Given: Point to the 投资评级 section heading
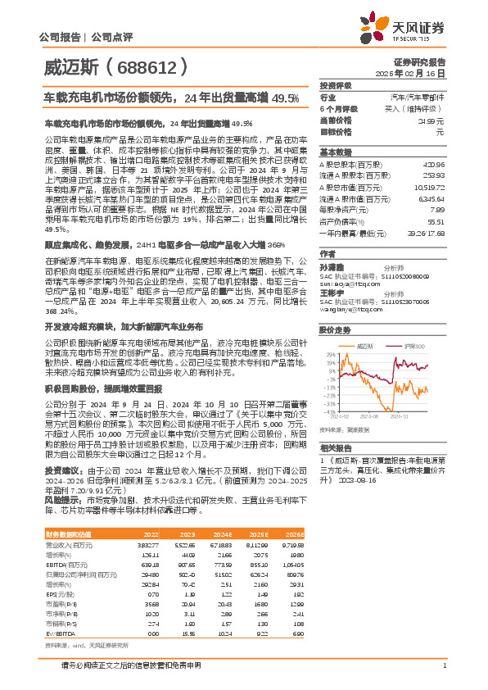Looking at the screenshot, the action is tap(336, 85).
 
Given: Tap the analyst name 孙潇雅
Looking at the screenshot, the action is tap(332, 266).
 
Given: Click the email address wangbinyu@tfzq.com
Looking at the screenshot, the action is tap(357, 308).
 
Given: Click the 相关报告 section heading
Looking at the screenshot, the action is tap(336, 447).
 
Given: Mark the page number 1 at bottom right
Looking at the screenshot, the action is tap(444, 665).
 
